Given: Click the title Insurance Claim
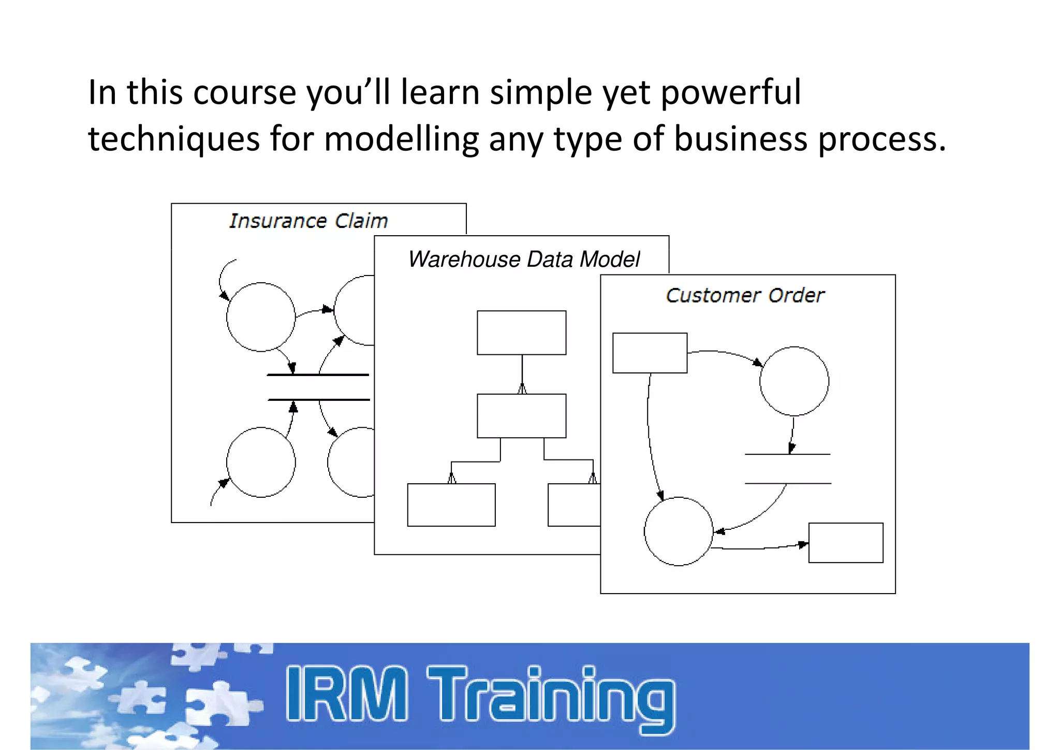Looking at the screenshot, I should (x=308, y=221).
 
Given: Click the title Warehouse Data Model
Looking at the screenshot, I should (x=524, y=259).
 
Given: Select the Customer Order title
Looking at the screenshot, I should (x=745, y=295).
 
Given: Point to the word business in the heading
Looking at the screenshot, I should (x=740, y=139).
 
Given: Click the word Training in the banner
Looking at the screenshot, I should (x=551, y=697).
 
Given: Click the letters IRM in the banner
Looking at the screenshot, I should (x=347, y=694).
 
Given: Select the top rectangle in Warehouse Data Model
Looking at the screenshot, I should (x=521, y=333).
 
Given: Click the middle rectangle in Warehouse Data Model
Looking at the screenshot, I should (x=521, y=416).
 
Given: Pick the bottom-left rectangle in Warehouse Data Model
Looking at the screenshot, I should (x=451, y=505).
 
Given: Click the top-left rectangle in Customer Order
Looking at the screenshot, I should (x=650, y=353).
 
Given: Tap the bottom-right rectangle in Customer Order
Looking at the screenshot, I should (x=846, y=543).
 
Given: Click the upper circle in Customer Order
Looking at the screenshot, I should (x=794, y=381).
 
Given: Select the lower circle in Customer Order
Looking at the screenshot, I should (x=679, y=531).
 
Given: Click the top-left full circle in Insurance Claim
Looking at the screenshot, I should (x=261, y=317).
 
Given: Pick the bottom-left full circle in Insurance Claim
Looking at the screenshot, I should (x=261, y=463).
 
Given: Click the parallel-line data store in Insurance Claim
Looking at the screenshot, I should (x=318, y=387).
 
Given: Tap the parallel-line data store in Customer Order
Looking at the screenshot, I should (x=788, y=469).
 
